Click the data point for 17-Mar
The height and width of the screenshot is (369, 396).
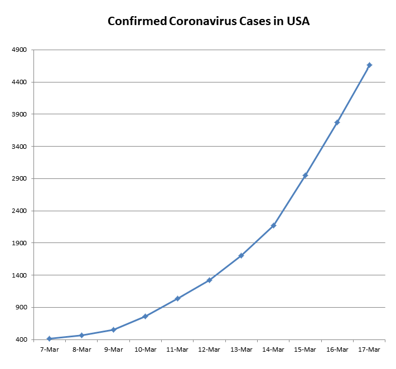point(369,65)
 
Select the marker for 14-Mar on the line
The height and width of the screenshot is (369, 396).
point(273,225)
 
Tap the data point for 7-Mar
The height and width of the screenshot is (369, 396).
point(50,338)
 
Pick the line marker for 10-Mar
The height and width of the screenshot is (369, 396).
point(146,316)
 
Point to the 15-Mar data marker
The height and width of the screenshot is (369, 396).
point(305,176)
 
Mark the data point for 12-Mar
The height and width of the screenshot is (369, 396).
point(209,280)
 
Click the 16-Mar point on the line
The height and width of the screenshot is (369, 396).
point(337,123)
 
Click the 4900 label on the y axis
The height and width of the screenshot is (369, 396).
point(20,50)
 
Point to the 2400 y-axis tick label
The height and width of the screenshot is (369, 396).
point(20,211)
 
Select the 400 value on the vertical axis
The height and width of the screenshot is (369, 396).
point(21,340)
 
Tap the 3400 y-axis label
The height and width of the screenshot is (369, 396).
point(20,147)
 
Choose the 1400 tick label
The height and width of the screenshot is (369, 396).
point(20,275)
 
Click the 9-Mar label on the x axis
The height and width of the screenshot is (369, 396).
point(113,349)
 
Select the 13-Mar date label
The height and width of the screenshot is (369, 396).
point(242,349)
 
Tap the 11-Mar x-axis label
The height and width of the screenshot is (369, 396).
point(177,349)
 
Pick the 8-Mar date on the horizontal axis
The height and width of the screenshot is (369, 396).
point(81,349)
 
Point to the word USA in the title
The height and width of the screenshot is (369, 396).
point(298,22)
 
